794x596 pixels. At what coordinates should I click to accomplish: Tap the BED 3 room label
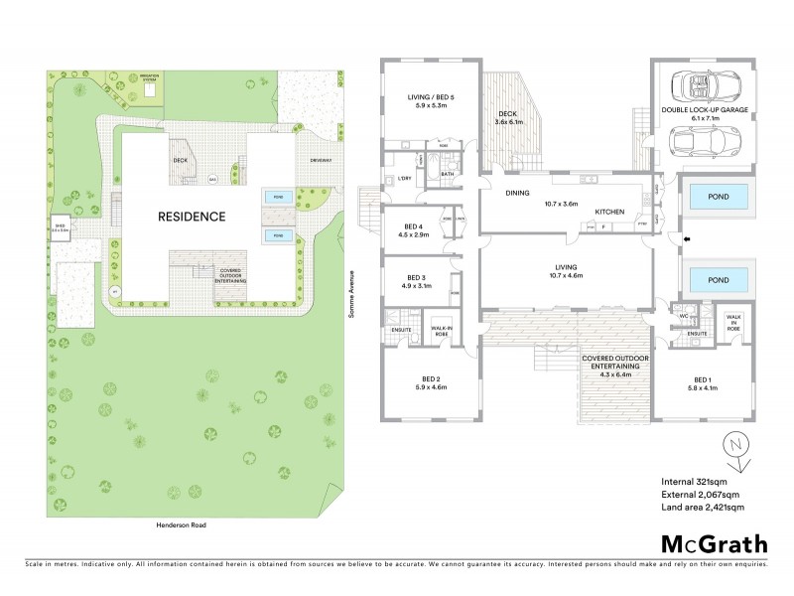click(416, 281)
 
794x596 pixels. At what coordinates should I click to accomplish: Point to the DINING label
click(516, 194)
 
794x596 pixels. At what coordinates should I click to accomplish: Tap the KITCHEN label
click(607, 212)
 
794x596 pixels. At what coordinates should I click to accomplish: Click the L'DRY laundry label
click(404, 178)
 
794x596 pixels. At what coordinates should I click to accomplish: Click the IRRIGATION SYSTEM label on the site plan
click(149, 77)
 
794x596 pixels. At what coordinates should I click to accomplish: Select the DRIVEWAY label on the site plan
click(321, 159)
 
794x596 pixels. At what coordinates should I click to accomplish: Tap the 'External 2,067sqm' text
click(699, 494)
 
